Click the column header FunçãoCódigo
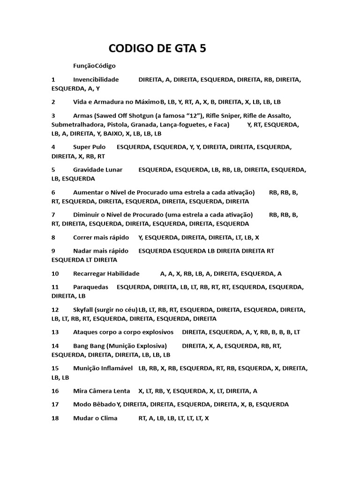pos(94,66)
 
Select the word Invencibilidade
pos(96,80)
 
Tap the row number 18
pos(55,418)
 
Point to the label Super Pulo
pos(90,147)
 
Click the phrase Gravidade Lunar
pos(98,170)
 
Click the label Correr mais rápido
pos(101,238)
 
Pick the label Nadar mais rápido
pos(101,251)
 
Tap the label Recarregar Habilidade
pos(106,274)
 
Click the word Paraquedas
pos(91,287)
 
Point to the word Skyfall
pos(83,310)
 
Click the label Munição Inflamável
pos(103,368)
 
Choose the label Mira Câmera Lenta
pos(102,391)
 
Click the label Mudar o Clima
pos(95,418)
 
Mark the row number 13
pos(55,332)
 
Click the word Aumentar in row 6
pos(87,192)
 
